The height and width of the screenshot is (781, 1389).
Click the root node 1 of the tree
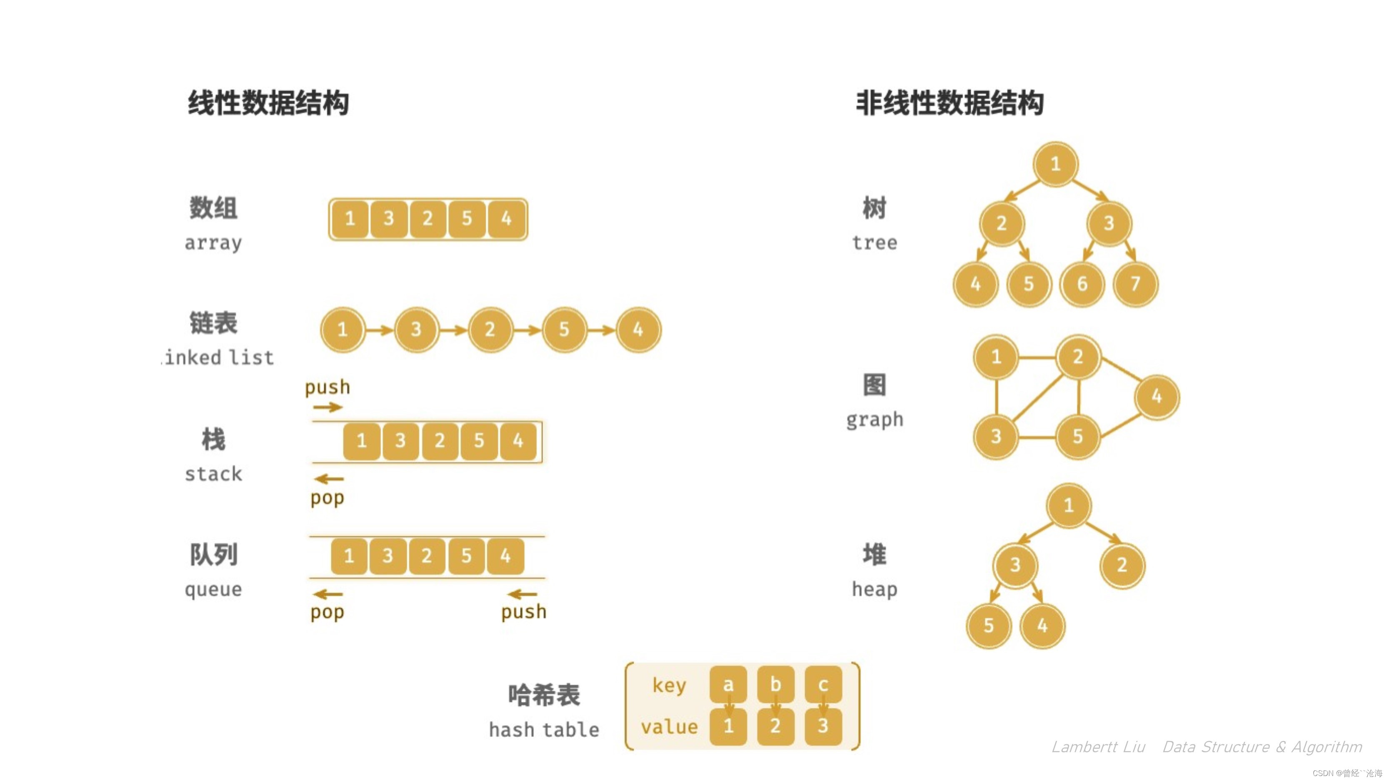[x=1055, y=164]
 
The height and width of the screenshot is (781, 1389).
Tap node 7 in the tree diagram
[x=1136, y=284]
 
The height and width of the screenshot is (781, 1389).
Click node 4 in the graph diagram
[x=1156, y=397]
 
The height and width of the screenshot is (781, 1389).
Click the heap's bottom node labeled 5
[x=989, y=625]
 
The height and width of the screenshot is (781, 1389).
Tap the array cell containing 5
[x=466, y=219]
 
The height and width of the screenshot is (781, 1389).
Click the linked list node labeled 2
[x=490, y=329]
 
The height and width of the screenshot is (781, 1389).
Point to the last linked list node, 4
[x=638, y=329]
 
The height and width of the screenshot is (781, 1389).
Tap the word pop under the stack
[x=327, y=498]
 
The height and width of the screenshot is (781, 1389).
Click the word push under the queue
[x=523, y=612]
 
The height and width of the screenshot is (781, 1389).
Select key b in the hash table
[x=776, y=684]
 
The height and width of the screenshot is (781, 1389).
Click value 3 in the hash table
[x=823, y=726]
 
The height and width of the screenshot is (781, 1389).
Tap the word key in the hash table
[x=669, y=686]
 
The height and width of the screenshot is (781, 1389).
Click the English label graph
[x=875, y=420]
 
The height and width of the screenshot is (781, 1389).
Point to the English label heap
[x=875, y=589]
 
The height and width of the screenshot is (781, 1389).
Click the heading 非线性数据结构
[x=949, y=103]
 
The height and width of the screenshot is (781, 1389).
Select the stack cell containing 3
[x=400, y=441]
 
